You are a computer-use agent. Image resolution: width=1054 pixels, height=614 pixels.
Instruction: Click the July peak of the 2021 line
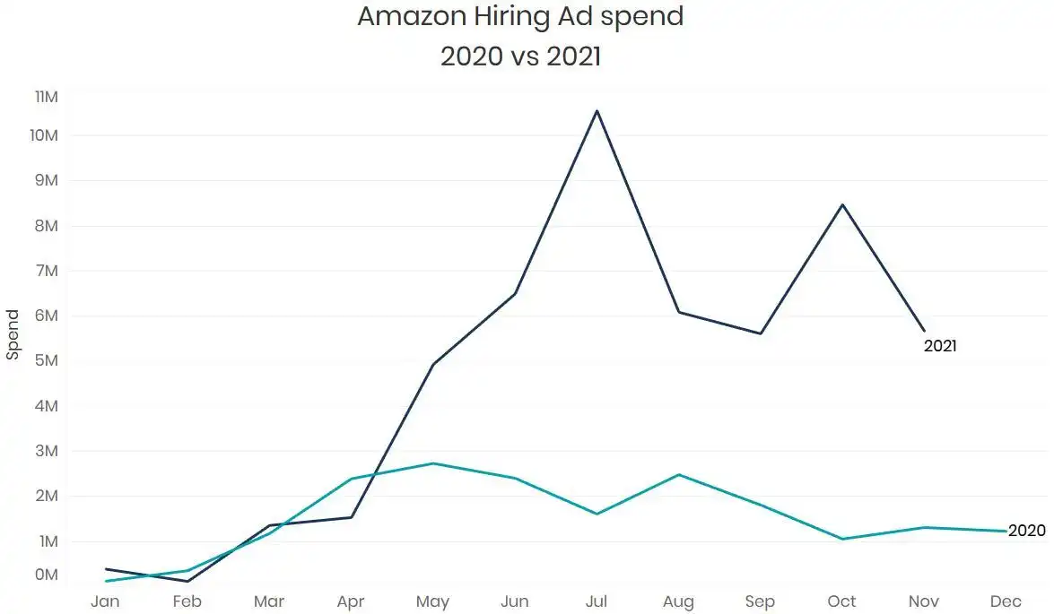pos(597,110)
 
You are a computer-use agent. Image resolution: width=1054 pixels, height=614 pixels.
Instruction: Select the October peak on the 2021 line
pos(842,204)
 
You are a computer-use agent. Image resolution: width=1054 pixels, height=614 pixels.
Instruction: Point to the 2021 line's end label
pos(940,346)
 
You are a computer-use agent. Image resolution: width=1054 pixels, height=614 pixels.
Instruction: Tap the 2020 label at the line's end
pos(1026,531)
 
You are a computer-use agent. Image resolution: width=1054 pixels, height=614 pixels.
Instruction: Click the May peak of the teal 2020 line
pos(433,463)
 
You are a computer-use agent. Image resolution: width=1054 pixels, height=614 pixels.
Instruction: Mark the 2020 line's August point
pos(679,474)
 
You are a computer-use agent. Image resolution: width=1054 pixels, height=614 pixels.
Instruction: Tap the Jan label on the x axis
pos(105,601)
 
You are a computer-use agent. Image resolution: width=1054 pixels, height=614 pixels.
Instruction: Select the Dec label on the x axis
pos(1006,601)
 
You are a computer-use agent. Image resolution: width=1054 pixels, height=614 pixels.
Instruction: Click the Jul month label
pos(597,601)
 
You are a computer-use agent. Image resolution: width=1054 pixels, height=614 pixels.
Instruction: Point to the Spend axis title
pos(13,334)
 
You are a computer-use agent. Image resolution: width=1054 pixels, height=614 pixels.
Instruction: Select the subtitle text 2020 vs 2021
pos(520,56)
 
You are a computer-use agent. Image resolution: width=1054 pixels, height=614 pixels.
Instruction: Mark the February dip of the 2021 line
pos(187,581)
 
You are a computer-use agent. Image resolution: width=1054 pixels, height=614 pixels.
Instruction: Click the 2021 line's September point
pos(761,333)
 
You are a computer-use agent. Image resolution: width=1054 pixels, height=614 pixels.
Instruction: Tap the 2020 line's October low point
pos(842,539)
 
